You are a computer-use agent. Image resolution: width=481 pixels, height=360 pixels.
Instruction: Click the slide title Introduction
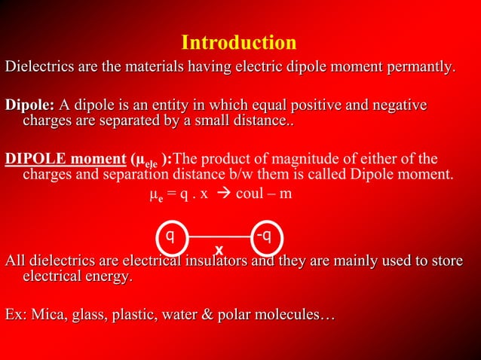coord(239,41)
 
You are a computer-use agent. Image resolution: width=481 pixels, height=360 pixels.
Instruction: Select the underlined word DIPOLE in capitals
coord(31,160)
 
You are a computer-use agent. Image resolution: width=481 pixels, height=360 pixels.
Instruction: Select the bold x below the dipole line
coord(219,249)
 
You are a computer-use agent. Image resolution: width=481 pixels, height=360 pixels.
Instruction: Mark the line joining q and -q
coord(219,236)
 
